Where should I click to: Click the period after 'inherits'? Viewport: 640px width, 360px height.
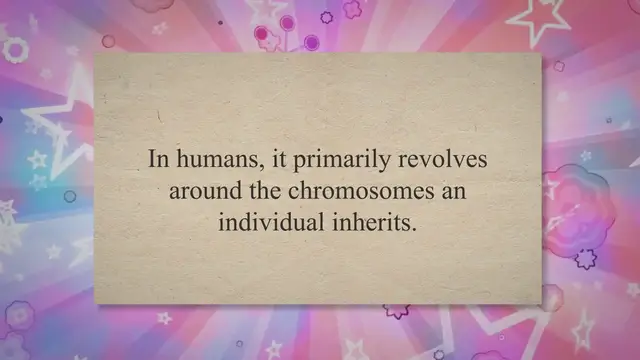410,227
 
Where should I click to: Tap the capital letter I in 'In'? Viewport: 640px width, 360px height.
153,159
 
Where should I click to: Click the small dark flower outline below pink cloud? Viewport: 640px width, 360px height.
585,258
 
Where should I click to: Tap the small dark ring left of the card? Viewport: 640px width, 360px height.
70,196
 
